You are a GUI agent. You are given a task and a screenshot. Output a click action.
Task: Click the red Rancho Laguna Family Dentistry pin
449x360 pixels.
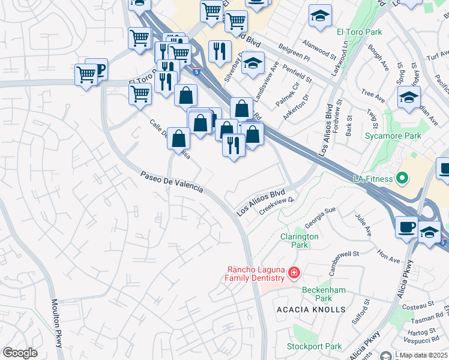click(x=294, y=274)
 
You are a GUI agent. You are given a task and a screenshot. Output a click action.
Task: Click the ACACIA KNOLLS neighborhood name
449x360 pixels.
click(x=312, y=309)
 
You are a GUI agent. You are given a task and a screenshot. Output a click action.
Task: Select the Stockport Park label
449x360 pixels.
click(x=314, y=346)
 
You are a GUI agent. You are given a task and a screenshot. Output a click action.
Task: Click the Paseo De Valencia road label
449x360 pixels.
click(x=172, y=182)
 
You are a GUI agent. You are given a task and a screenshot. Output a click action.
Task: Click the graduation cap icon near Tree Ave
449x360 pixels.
click(x=409, y=97)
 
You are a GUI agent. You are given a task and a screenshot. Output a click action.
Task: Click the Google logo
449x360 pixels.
click(x=20, y=353)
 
